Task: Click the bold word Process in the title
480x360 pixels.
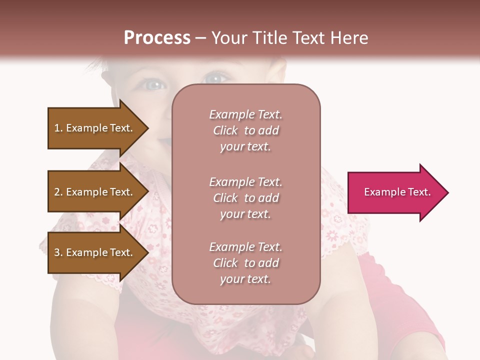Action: [157, 38]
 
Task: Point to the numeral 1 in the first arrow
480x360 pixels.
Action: [57, 128]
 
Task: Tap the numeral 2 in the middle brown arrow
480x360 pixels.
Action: [57, 192]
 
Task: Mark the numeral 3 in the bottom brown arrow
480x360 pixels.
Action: [57, 252]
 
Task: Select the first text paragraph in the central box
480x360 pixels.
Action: [245, 130]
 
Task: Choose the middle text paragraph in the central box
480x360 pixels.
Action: [245, 198]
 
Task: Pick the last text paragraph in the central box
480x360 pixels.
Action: [245, 263]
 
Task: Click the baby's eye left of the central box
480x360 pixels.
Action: [154, 85]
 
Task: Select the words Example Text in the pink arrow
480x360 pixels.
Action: [397, 192]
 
